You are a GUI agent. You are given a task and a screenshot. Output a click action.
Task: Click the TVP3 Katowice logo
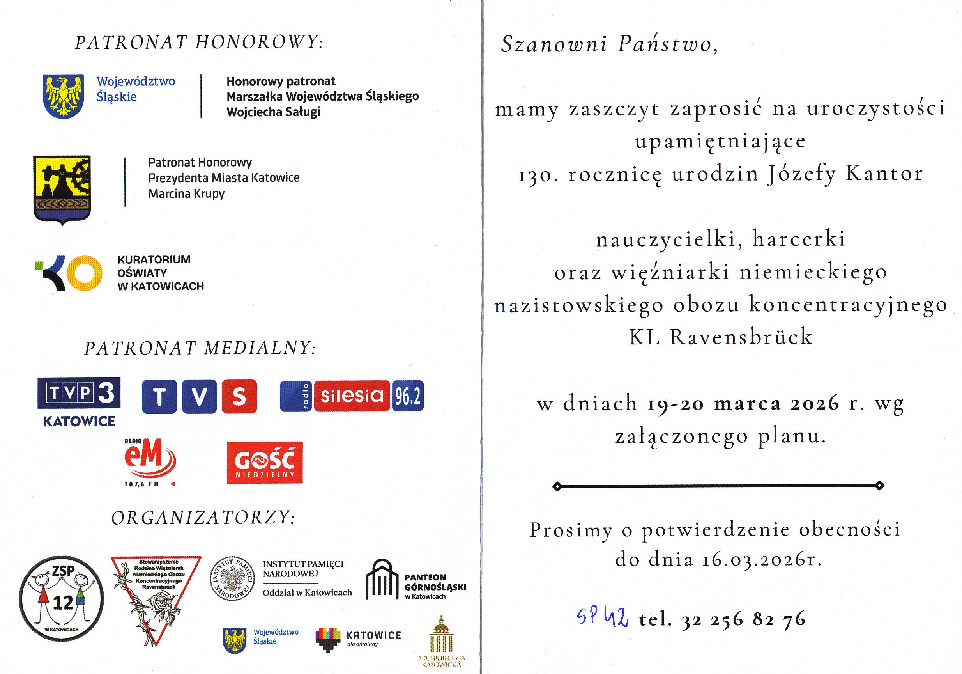click(x=79, y=401)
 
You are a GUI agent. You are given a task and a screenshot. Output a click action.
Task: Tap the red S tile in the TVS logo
click(x=239, y=396)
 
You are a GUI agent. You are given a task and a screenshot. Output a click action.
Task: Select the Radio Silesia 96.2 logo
click(x=352, y=396)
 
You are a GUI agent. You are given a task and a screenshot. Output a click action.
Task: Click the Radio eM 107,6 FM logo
click(x=149, y=463)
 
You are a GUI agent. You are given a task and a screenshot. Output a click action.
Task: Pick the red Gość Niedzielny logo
click(x=264, y=462)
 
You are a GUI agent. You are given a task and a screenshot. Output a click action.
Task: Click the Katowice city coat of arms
click(x=62, y=190)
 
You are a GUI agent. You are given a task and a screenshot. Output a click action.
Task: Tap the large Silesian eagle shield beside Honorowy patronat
click(x=63, y=96)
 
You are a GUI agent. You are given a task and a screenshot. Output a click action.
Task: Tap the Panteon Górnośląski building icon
click(x=382, y=579)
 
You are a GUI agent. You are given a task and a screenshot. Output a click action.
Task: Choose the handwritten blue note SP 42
click(x=602, y=616)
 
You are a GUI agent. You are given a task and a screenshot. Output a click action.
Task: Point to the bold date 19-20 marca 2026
click(x=743, y=404)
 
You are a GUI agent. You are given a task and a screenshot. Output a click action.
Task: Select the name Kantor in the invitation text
click(x=884, y=174)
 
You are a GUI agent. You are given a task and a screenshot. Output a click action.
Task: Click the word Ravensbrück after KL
click(x=741, y=337)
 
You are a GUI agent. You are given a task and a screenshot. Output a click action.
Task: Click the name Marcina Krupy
click(x=186, y=193)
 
